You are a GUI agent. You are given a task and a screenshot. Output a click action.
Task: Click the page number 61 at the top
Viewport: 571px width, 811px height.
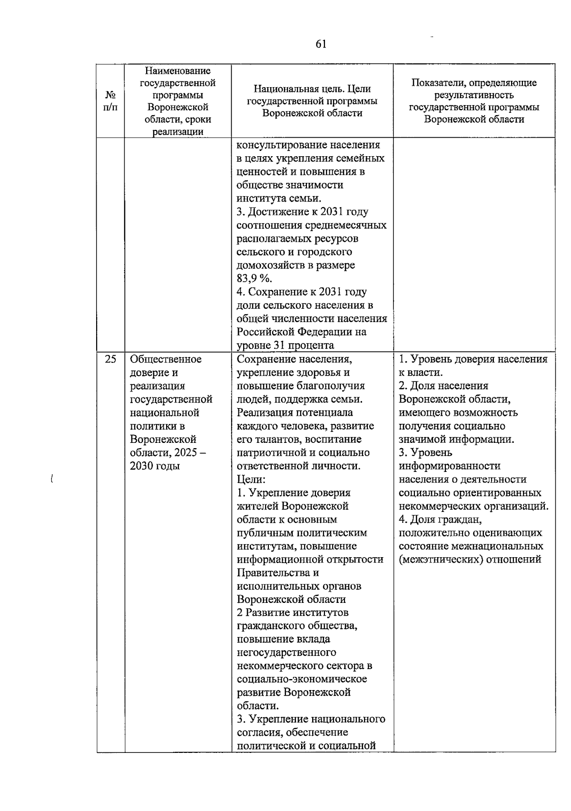click(x=321, y=44)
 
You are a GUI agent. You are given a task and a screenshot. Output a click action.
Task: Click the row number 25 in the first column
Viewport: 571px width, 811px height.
click(x=110, y=360)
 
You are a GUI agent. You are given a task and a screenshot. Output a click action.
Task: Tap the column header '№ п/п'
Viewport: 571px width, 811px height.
click(x=110, y=101)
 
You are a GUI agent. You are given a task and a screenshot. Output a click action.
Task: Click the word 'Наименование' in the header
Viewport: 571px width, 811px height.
click(x=177, y=71)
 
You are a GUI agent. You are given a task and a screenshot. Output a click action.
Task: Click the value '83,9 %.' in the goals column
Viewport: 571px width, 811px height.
click(x=255, y=279)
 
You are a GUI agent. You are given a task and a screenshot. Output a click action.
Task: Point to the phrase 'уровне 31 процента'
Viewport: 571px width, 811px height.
click(x=285, y=345)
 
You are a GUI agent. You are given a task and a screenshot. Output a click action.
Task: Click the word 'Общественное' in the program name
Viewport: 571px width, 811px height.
click(x=166, y=360)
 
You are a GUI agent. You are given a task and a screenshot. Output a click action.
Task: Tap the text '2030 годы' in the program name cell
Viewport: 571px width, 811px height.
click(x=155, y=466)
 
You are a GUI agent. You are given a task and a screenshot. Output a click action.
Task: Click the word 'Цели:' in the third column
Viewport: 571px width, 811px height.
click(x=251, y=480)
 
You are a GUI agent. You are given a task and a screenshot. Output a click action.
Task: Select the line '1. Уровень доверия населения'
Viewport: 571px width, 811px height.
click(x=473, y=360)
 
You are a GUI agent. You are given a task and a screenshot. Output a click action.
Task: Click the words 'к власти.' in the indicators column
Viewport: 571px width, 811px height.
click(x=421, y=373)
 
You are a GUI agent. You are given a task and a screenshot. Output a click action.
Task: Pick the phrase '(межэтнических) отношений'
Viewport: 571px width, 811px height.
click(x=470, y=560)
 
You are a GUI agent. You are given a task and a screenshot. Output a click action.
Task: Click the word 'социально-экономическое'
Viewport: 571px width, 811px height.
click(x=302, y=679)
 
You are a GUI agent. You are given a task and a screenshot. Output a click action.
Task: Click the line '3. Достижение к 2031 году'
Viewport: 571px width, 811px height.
click(x=302, y=211)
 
